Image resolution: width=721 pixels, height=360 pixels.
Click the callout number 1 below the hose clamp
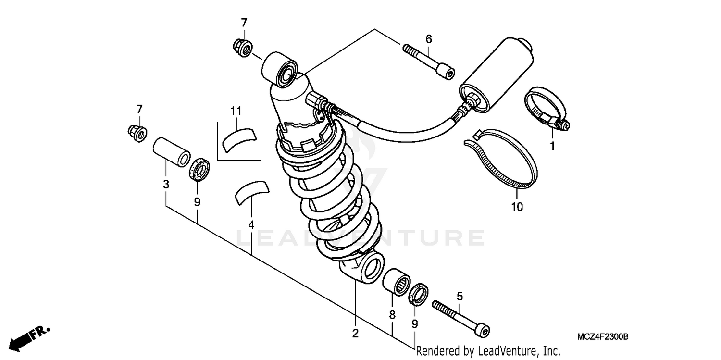tap(552, 146)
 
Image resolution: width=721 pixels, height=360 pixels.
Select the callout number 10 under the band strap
tap(517, 207)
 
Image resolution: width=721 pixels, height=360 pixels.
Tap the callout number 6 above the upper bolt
tap(429, 39)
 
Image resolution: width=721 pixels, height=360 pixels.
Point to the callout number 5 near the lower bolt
tap(460, 296)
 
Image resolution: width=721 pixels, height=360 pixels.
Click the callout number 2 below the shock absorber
tap(355, 333)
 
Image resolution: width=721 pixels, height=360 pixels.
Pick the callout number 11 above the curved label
tap(235, 111)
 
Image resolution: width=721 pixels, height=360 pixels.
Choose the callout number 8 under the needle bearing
tap(392, 315)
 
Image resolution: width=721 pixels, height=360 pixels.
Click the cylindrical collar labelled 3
tap(170, 151)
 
